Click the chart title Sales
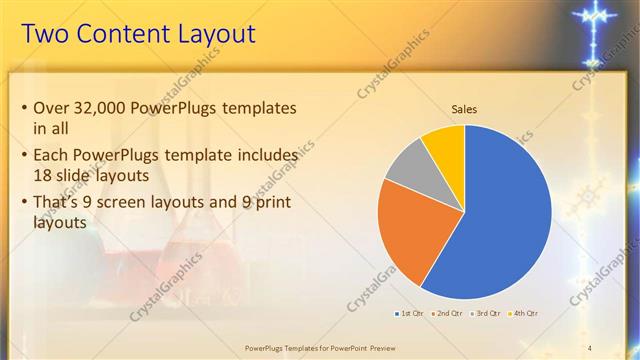tap(464, 108)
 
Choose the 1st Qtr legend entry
tap(409, 314)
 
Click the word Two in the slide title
tap(44, 34)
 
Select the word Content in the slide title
tap(112, 34)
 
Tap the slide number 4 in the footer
tap(590, 347)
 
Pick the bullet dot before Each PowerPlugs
tap(24, 155)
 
